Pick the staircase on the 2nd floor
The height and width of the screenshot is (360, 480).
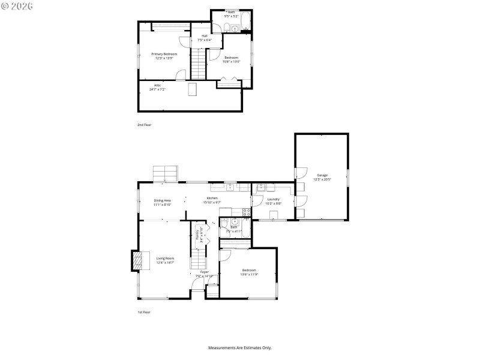point(199,62)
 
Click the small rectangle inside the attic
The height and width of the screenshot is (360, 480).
point(192,89)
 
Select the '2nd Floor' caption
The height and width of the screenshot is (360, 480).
point(144,124)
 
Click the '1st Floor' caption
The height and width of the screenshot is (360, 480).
point(144,313)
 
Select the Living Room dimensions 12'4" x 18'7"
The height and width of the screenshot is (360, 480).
point(166,263)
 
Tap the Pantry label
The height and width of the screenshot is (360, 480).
point(197,233)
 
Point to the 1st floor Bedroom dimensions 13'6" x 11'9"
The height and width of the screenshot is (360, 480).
point(248,274)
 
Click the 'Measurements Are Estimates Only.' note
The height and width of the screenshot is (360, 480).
point(240,347)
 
